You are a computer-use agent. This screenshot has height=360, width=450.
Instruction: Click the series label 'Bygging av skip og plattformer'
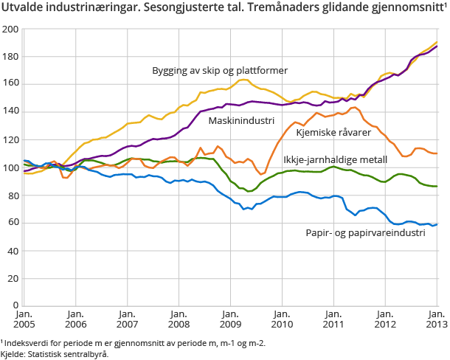click(220, 71)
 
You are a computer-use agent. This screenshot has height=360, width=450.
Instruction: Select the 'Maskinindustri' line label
click(241, 120)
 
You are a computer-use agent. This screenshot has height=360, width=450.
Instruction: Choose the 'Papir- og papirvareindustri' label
click(365, 232)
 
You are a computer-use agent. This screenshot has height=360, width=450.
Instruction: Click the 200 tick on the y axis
click(10, 30)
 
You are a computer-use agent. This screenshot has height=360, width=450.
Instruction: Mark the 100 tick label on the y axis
click(10, 167)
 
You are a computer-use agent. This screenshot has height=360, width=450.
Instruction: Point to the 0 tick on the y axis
click(15, 305)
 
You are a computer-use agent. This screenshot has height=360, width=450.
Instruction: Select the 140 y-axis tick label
click(10, 112)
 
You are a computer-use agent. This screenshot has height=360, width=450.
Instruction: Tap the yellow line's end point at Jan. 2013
click(437, 42)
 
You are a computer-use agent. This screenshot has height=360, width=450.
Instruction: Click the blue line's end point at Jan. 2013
click(437, 224)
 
